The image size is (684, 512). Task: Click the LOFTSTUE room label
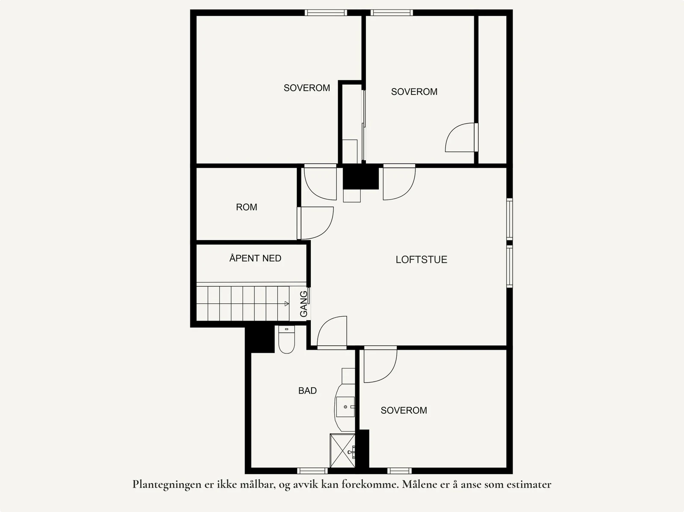421,259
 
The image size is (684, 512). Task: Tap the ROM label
246,207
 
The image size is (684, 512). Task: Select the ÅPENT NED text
255,258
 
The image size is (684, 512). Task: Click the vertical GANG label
304,304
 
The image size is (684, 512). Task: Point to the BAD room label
307,391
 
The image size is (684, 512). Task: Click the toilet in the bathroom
286,341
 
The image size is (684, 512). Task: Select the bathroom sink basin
345,406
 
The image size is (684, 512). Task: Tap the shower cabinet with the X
342,451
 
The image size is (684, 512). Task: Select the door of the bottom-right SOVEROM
380,365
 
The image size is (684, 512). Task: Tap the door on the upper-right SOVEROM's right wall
461,138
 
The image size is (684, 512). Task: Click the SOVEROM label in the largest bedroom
307,88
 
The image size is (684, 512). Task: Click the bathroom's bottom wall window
313,471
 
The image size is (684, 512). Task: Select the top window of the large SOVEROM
326,12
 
